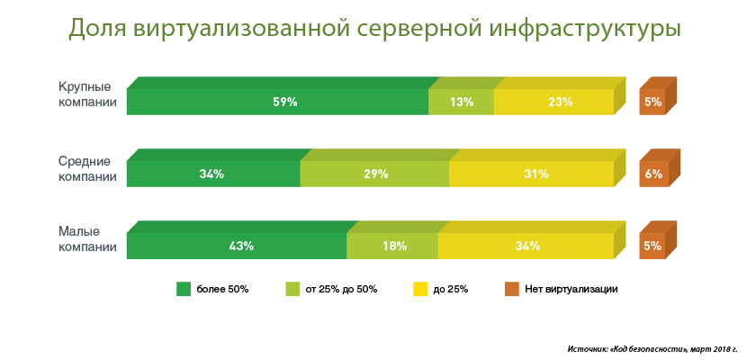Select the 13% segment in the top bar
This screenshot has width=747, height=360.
(462, 102)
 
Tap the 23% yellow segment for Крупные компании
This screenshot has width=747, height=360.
(554, 102)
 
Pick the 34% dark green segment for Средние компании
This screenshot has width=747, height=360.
(213, 174)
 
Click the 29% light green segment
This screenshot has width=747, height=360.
(374, 174)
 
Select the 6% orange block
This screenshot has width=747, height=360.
(653, 174)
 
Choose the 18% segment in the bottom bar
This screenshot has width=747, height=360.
(392, 246)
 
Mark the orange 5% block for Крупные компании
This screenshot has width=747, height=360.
(653, 102)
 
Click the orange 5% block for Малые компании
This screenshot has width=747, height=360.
(653, 246)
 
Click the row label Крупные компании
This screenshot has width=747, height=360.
(86, 94)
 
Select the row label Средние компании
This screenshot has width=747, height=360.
(86, 168)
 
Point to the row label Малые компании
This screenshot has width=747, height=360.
(86, 239)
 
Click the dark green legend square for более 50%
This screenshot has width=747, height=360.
(184, 289)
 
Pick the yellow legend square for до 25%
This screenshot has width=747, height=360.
(419, 289)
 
